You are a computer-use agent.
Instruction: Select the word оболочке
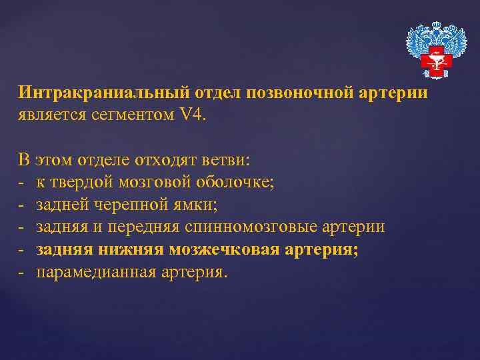pos(236,182)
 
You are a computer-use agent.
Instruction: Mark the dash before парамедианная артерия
pos(21,273)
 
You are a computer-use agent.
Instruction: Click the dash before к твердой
pos(21,182)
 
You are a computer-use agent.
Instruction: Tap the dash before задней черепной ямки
pos(21,205)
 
